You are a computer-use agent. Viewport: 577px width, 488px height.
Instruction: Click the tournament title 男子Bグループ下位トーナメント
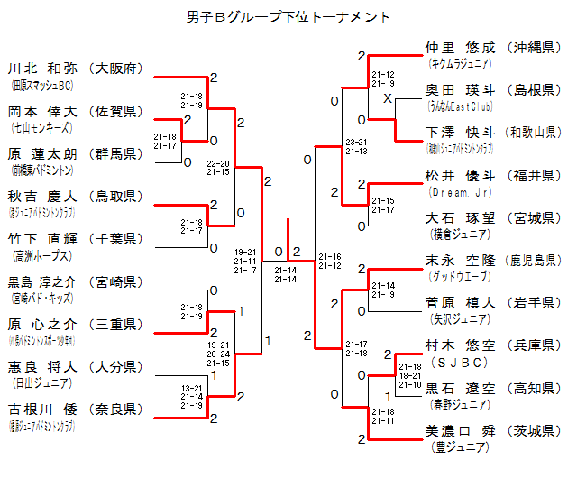(x=288, y=16)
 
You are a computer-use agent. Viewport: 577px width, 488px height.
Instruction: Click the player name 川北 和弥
(x=43, y=69)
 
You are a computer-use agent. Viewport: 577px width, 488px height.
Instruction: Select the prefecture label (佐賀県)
(x=117, y=112)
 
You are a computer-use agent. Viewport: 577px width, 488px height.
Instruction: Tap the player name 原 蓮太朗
(x=43, y=154)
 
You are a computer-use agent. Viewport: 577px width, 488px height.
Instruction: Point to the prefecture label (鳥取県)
(x=117, y=197)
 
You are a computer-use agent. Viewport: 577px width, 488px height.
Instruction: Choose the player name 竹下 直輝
(x=43, y=239)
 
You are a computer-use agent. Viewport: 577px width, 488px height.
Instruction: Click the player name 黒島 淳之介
(x=43, y=282)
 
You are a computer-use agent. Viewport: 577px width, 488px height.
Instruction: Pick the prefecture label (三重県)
(x=117, y=325)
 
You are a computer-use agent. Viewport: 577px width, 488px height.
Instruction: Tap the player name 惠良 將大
(x=43, y=367)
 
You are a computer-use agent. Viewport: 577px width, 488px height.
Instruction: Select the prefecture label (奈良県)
(x=117, y=410)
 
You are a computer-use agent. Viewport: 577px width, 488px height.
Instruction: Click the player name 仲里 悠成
(x=461, y=47)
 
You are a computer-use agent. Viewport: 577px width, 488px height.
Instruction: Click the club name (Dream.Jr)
(x=460, y=190)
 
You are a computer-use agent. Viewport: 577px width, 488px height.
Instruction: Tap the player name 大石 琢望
(x=461, y=218)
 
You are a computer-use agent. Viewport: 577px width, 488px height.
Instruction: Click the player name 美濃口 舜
(x=461, y=432)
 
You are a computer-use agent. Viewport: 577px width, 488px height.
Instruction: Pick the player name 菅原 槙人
(x=461, y=303)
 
